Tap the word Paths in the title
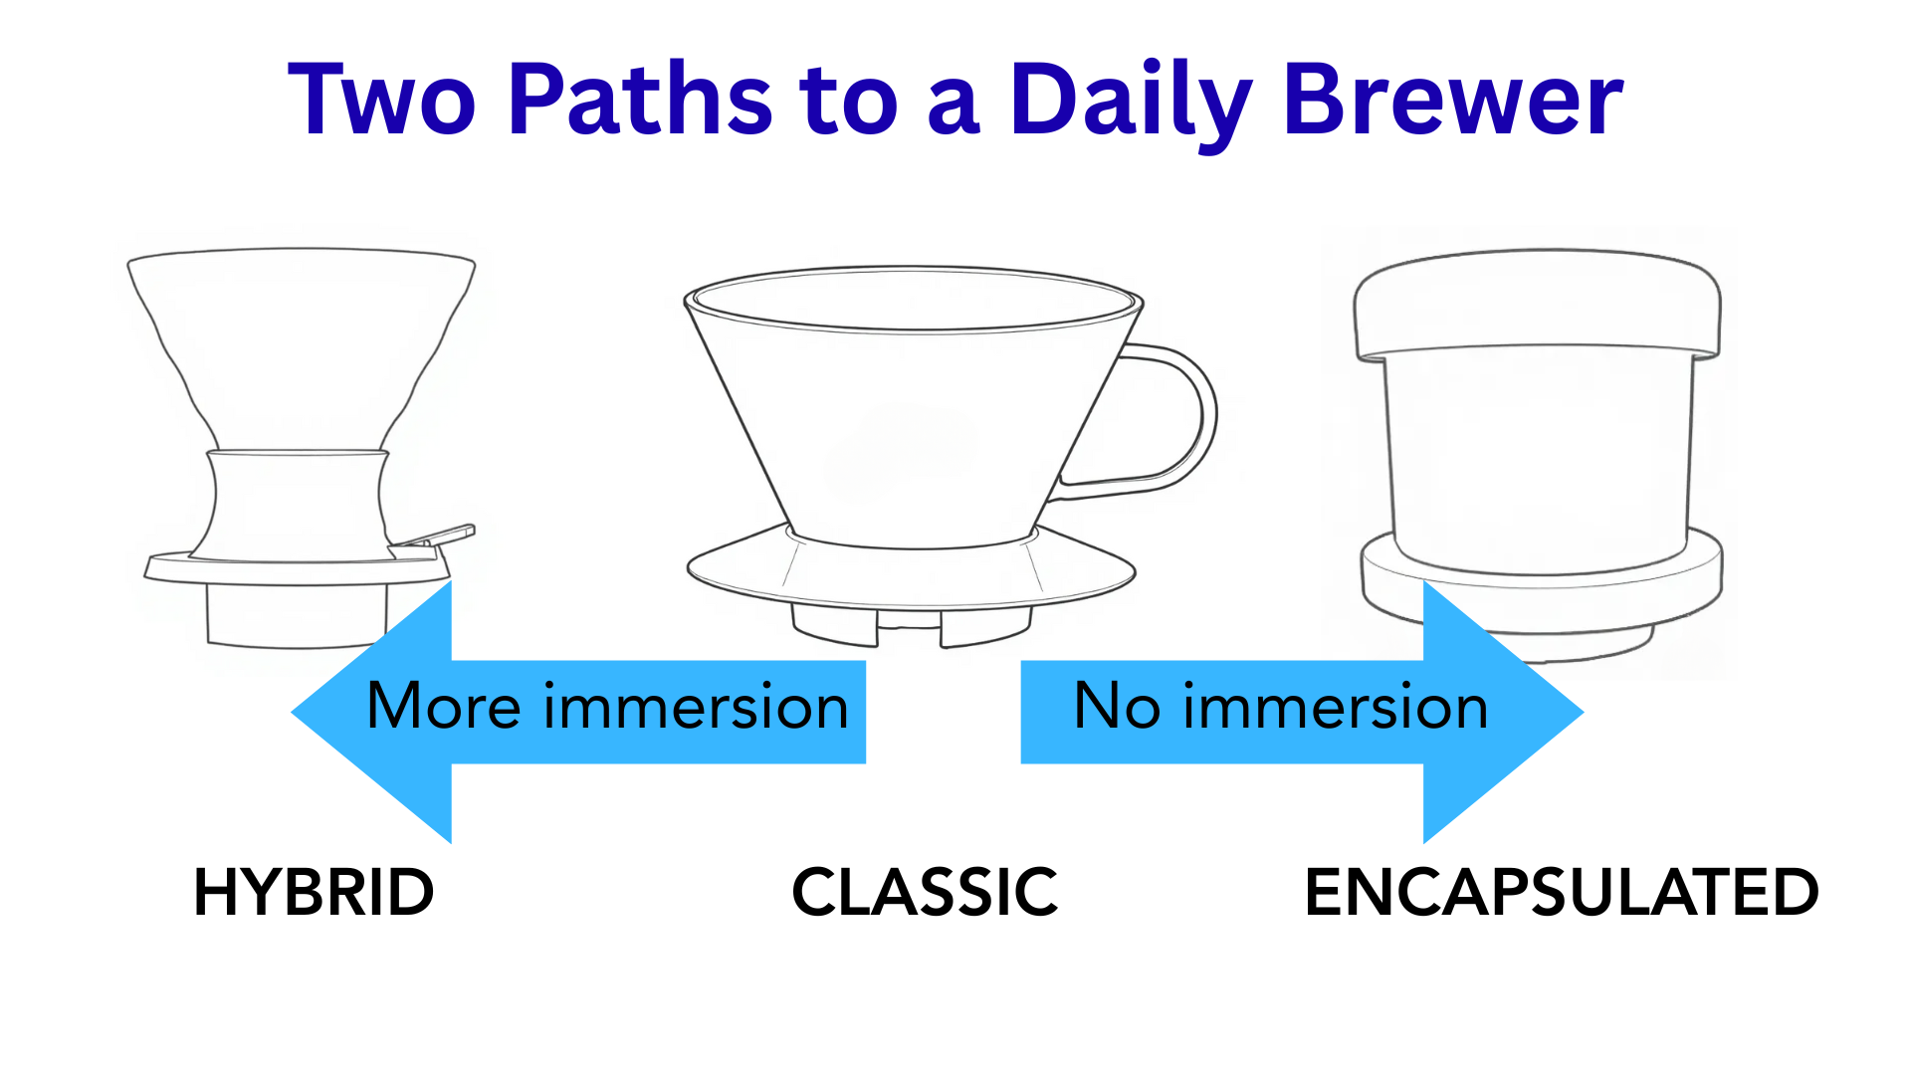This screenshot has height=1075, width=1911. [639, 100]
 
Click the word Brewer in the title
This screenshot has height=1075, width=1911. [1453, 100]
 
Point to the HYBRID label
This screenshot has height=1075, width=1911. [314, 892]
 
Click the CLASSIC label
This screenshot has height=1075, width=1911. [925, 892]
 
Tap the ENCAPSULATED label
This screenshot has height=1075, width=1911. [1561, 892]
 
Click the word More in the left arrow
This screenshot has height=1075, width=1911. [443, 707]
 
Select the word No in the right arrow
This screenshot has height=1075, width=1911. [1117, 707]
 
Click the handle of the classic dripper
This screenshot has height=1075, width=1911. [1189, 418]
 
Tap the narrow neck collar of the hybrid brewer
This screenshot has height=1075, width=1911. [298, 503]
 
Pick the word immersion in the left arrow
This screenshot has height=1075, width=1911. [696, 707]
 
